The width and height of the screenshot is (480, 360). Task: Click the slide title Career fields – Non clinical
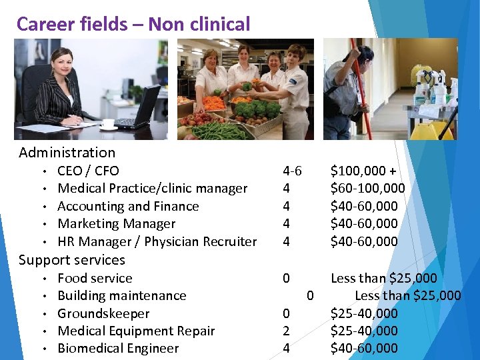click(133, 24)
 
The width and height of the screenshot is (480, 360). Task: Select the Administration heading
click(67, 153)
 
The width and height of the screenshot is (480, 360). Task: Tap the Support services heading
click(72, 260)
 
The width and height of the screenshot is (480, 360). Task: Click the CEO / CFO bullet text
click(88, 171)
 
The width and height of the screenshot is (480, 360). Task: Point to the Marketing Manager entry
click(116, 224)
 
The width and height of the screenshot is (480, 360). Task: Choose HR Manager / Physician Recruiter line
click(157, 241)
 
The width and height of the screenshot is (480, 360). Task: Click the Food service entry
click(95, 278)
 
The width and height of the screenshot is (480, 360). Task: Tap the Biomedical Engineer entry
click(118, 348)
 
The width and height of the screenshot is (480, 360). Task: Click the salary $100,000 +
click(363, 171)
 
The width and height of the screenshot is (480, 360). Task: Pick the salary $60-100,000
click(367, 189)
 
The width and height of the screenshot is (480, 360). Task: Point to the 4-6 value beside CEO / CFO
click(292, 171)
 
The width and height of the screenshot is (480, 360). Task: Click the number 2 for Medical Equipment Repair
click(286, 331)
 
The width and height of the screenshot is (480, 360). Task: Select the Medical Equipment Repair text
click(136, 331)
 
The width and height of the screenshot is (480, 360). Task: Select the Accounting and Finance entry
click(128, 206)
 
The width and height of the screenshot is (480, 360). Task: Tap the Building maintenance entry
click(122, 295)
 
